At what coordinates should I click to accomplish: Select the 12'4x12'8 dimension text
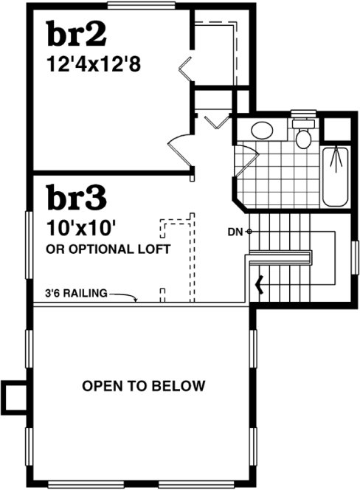pyautogui.click(x=94, y=65)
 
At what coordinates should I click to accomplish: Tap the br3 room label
pyautogui.click(x=77, y=199)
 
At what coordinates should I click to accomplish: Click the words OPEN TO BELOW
pyautogui.click(x=144, y=386)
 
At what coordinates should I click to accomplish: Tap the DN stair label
pyautogui.click(x=235, y=232)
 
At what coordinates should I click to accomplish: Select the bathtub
pyautogui.click(x=337, y=176)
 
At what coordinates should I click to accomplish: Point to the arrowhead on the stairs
pyautogui.click(x=259, y=283)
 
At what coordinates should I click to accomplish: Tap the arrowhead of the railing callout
pyautogui.click(x=137, y=300)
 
